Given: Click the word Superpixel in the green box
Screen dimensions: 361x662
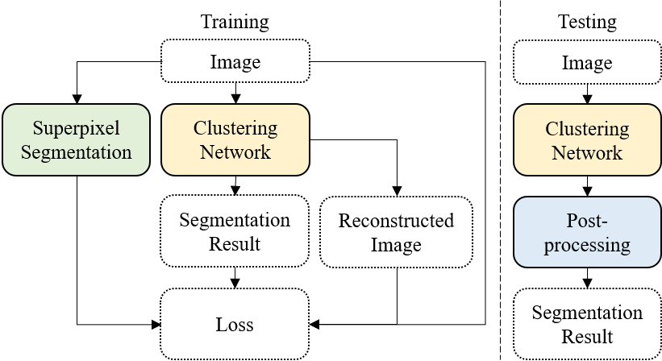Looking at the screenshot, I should [x=76, y=129].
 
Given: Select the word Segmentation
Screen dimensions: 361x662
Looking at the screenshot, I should [x=76, y=152].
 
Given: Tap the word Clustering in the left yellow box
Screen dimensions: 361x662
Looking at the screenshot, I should [x=235, y=129].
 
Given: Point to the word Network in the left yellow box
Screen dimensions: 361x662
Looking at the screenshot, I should [x=235, y=152].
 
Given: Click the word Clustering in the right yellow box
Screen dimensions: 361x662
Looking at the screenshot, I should [x=587, y=129].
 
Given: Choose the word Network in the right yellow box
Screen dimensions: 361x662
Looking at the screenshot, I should [x=587, y=152].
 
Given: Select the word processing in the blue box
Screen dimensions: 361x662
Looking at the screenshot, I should [x=587, y=245].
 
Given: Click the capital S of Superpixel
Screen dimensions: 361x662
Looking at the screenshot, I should [x=37, y=129].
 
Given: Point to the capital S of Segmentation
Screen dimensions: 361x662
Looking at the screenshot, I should [x=26, y=152].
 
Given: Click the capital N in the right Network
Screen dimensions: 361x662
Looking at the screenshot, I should [x=558, y=152].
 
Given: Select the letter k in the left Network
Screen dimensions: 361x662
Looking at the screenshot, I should [x=265, y=152].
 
